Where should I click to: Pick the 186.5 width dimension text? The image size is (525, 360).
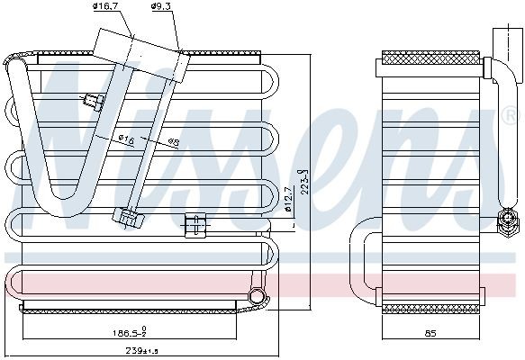pyautogui.click(x=128, y=331)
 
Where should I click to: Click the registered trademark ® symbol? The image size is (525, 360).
pyautogui.click(x=510, y=116)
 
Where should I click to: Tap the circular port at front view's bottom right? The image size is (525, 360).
pyautogui.click(x=258, y=296)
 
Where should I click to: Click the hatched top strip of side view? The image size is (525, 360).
pyautogui.click(x=430, y=58)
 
